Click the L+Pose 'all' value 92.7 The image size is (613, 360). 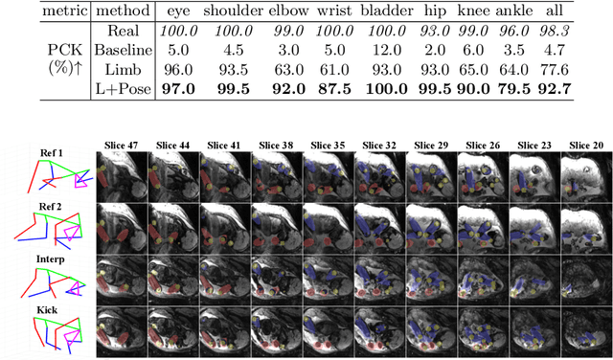pos(573,91)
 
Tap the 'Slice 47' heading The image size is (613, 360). pos(122,146)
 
